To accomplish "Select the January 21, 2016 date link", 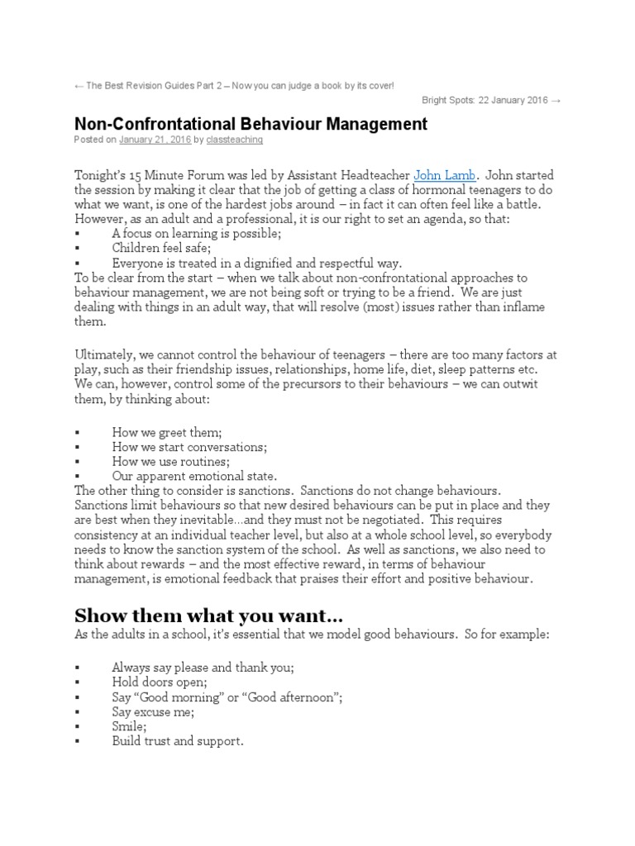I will coord(155,140).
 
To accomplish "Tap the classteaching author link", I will coord(234,140).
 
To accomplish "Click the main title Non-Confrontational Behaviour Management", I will coord(251,124).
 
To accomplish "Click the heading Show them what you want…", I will coord(208,617).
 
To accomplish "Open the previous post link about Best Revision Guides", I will coord(234,86).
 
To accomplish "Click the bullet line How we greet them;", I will coord(167,432).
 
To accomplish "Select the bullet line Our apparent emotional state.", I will coord(194,477).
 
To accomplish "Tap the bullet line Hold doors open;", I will coord(161,682).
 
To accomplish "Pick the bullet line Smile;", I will coord(130,726).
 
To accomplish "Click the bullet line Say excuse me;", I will coord(153,711).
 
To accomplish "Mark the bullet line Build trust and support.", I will coord(178,741).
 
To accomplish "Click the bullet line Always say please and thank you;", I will coord(203,667).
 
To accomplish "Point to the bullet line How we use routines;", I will coord(171,462).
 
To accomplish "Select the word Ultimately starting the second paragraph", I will coord(106,354).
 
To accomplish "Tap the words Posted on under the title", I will coord(95,140).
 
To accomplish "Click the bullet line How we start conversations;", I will coord(189,447).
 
